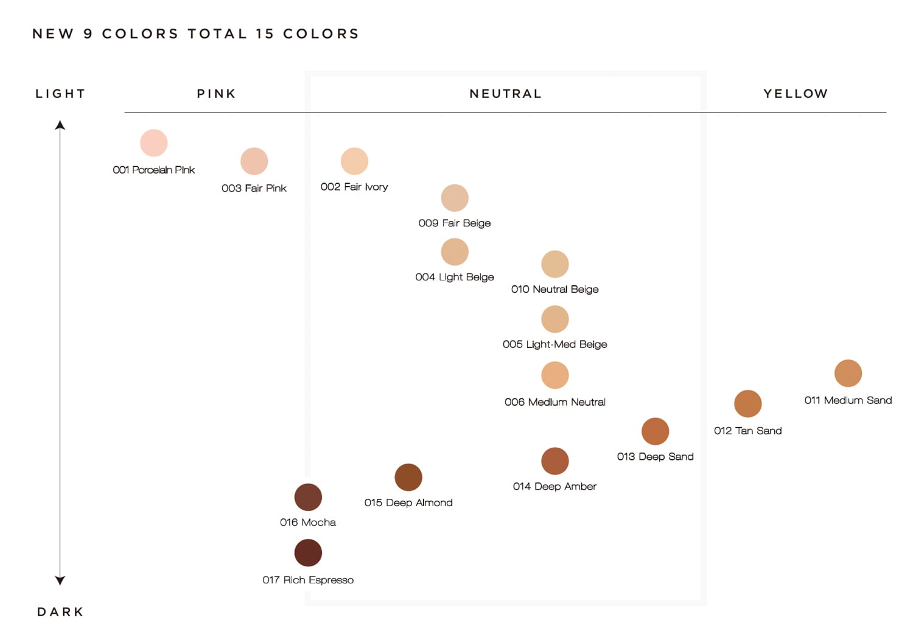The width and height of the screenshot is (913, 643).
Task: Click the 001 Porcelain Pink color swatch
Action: [x=153, y=143]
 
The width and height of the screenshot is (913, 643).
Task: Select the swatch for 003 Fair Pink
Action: [x=254, y=161]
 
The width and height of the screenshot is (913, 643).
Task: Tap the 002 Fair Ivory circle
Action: [x=354, y=161]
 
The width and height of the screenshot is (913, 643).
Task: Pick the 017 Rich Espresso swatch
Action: [x=308, y=553]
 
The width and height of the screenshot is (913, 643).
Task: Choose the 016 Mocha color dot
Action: [x=308, y=497]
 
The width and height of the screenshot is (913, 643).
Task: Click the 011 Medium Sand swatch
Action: [x=848, y=373]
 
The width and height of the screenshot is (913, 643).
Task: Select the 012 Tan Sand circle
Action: [x=747, y=403]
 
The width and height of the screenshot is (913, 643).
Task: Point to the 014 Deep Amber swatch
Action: [x=554, y=461]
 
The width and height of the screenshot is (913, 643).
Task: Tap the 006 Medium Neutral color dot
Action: [x=554, y=375]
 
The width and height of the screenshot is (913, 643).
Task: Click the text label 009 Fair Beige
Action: [x=454, y=223]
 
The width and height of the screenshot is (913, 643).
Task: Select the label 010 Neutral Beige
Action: [x=554, y=290]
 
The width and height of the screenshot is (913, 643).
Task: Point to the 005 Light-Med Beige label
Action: [x=554, y=344]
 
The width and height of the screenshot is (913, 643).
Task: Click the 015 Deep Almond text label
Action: [x=408, y=502]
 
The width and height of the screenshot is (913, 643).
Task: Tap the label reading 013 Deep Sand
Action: [x=655, y=457]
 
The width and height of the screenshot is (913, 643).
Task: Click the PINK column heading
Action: [x=216, y=94]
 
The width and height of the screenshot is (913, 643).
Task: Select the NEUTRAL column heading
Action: [x=505, y=94]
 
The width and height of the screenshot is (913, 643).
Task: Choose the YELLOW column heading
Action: [x=796, y=94]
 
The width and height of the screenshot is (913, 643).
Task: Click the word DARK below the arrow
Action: [x=60, y=612]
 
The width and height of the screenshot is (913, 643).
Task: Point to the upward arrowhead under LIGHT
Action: [x=60, y=125]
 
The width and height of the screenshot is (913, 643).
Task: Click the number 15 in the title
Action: [x=265, y=34]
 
